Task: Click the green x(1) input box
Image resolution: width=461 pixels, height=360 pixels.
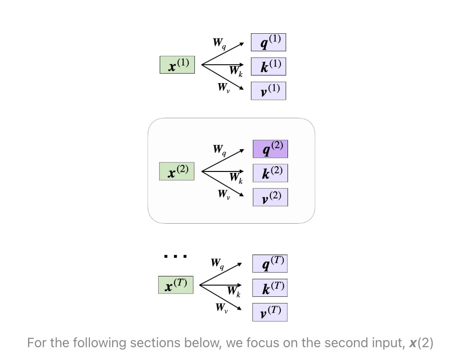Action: click(177, 65)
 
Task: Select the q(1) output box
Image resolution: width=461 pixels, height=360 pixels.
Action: click(269, 42)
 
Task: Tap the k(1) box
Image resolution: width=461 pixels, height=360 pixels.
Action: click(269, 66)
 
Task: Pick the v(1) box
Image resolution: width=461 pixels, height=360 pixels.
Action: click(269, 91)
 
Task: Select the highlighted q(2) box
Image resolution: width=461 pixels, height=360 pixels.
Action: click(270, 149)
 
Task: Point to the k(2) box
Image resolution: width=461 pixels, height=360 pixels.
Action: click(270, 173)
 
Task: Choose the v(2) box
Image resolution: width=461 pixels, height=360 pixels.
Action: click(270, 197)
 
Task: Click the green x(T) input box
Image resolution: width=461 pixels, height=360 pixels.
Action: click(176, 285)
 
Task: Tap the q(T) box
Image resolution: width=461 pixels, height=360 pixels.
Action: click(269, 264)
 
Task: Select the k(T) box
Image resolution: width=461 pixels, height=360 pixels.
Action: click(269, 288)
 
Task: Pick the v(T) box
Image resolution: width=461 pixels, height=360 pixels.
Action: click(269, 312)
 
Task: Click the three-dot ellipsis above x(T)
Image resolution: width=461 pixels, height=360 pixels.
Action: click(175, 256)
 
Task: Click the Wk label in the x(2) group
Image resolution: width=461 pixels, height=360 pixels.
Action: click(236, 178)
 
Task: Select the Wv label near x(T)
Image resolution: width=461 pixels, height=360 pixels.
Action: click(221, 308)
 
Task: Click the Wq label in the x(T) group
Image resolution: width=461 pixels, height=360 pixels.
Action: click(218, 263)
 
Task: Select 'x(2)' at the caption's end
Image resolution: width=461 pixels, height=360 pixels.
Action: click(421, 343)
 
